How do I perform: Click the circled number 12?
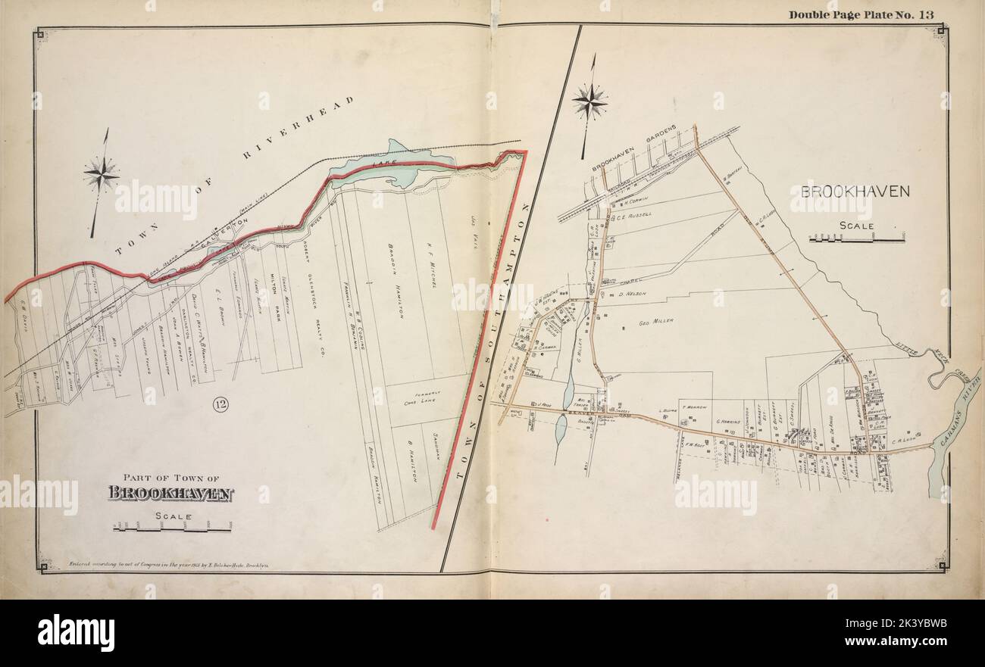coord(220,405)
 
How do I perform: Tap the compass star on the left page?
coord(101,175)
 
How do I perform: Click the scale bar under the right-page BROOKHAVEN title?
coord(856,239)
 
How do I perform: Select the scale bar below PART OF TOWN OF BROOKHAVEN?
coord(172,528)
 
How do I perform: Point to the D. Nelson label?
coord(630,293)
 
